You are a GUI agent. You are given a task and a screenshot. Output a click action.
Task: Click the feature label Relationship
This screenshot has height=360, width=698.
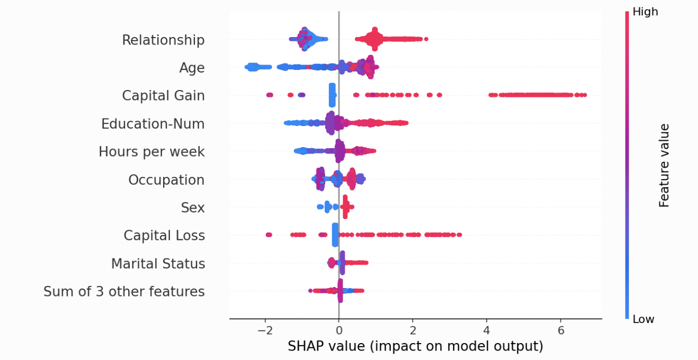(x=163, y=40)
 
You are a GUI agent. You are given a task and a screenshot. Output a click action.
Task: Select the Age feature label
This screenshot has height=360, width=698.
(x=192, y=68)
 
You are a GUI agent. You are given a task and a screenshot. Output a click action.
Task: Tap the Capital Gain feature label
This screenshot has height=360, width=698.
(x=163, y=96)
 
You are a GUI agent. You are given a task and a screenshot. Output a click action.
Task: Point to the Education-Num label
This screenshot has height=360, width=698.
(x=153, y=124)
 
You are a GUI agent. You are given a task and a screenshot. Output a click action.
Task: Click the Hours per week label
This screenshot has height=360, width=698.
(x=151, y=152)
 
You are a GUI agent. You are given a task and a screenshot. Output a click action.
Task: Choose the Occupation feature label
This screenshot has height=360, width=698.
(x=166, y=180)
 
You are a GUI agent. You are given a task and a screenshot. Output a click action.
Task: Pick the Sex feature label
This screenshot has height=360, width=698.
(x=193, y=208)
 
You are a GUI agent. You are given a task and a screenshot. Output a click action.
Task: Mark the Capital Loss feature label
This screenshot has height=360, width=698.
(x=164, y=236)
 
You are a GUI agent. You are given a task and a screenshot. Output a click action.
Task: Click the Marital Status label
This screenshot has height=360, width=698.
(x=158, y=264)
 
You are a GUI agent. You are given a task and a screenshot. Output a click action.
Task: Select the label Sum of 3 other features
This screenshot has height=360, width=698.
(x=124, y=292)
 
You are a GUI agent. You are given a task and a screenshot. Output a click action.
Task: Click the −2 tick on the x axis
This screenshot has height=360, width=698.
(x=265, y=330)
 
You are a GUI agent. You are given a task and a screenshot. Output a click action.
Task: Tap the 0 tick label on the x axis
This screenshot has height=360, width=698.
(x=339, y=330)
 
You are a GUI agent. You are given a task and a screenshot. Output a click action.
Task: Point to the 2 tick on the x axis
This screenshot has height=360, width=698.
(x=413, y=330)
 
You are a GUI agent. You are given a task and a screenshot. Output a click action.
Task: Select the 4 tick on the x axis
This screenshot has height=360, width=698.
(x=486, y=330)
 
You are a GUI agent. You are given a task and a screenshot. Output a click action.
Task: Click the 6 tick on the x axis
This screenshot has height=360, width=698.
(x=560, y=330)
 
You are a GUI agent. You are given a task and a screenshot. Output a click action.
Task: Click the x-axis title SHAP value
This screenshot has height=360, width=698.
(x=415, y=347)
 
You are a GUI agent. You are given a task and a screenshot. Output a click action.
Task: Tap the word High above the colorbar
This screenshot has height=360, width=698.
(x=645, y=12)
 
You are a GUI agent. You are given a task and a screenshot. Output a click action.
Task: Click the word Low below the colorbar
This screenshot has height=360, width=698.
(x=643, y=319)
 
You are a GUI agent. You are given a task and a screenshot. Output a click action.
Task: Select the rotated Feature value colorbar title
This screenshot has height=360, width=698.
(x=664, y=165)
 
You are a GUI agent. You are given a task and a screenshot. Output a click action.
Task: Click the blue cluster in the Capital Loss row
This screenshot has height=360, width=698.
(x=335, y=235)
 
